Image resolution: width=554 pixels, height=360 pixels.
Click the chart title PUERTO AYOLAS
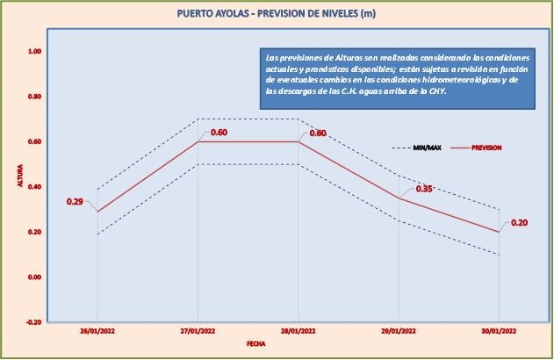pos(276,13)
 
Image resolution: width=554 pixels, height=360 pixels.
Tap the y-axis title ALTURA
pos(18,175)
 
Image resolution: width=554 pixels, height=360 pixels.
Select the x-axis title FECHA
pos(256,344)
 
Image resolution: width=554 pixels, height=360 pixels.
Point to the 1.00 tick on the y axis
pos(34,51)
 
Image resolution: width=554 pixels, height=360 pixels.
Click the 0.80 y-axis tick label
pos(34,96)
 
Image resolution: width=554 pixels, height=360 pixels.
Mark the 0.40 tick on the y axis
pos(34,186)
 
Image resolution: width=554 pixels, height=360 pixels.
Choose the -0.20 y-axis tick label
pos(33,322)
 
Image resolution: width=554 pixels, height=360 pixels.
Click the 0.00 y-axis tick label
pos(34,277)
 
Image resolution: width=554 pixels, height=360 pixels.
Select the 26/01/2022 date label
pos(97,332)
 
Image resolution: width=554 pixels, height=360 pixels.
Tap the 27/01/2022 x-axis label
pos(198,332)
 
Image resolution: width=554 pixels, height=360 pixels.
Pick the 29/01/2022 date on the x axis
pos(399,332)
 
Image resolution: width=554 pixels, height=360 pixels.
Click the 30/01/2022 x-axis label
pos(499,332)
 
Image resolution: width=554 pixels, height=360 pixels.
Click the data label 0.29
pos(75,202)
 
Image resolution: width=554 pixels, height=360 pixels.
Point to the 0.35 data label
pos(424,189)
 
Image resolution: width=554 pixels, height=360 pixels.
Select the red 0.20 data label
pos(519,223)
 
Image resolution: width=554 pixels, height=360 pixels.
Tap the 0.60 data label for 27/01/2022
pos(219,133)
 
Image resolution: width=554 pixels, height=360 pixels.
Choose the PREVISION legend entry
pos(486,148)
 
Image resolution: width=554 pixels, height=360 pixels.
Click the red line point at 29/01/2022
pos(399,198)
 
